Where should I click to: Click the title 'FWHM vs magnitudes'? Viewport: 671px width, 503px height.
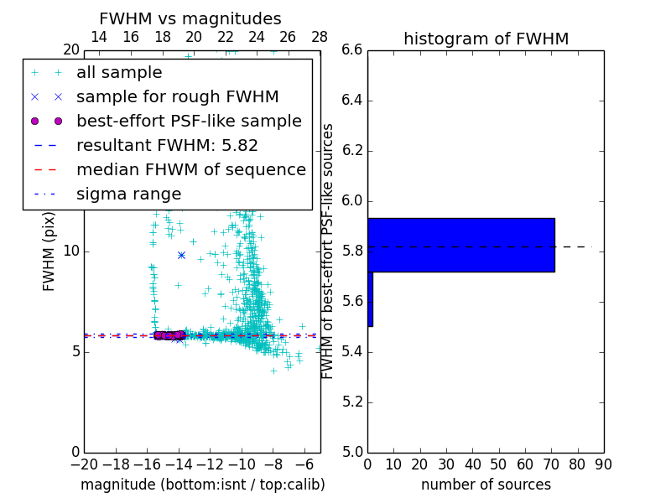(x=190, y=18)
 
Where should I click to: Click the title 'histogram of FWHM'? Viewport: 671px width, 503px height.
(x=486, y=39)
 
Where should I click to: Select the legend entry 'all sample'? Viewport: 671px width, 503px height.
(x=119, y=73)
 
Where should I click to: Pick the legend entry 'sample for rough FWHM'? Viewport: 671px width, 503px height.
(x=177, y=97)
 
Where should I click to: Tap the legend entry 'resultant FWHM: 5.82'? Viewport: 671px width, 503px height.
(x=167, y=146)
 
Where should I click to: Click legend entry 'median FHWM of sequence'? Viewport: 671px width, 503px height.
(x=190, y=170)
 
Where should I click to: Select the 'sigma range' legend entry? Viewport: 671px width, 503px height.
(x=128, y=194)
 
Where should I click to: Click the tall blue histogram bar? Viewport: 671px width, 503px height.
(x=460, y=245)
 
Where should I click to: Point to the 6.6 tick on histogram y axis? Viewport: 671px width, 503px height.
(x=351, y=50)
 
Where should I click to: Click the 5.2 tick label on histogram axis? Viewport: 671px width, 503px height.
(x=351, y=402)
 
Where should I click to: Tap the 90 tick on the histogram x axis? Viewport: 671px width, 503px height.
(x=603, y=464)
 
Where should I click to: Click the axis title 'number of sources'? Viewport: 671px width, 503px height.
(x=486, y=485)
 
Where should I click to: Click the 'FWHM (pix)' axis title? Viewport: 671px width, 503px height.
(x=49, y=251)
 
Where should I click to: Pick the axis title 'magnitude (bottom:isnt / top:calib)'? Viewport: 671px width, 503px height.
(x=202, y=485)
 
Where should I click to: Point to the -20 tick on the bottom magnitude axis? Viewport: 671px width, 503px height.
(x=84, y=464)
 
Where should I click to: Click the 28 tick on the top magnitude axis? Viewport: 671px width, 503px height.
(x=320, y=37)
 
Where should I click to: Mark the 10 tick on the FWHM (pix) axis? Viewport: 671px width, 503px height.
(x=70, y=251)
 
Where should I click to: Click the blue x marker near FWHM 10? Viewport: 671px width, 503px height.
(x=181, y=255)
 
